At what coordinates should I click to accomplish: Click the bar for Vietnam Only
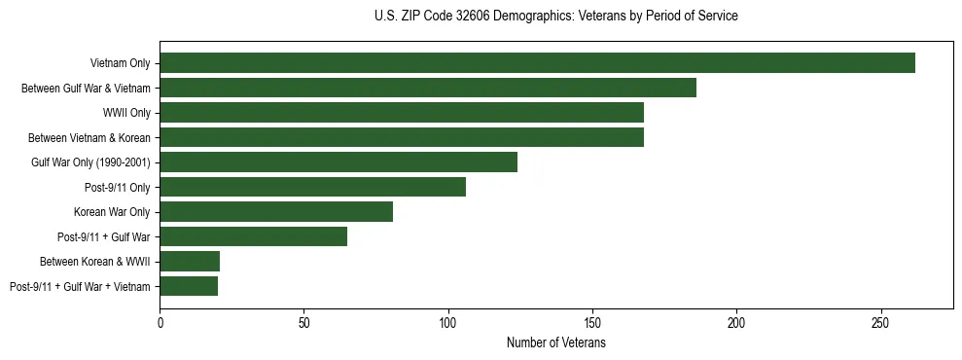click(x=537, y=63)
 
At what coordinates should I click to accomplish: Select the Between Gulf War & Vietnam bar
click(x=428, y=88)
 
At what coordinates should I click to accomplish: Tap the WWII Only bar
click(x=402, y=113)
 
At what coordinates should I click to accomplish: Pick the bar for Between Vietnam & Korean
click(x=402, y=137)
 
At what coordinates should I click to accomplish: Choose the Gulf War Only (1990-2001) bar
click(x=338, y=162)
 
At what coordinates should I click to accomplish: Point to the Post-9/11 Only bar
click(x=312, y=187)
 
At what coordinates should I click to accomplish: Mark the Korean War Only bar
click(x=276, y=211)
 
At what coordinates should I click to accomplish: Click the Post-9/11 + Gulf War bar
click(x=253, y=236)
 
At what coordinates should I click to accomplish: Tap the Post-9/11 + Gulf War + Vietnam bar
click(x=189, y=286)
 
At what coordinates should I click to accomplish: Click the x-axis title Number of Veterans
click(x=556, y=342)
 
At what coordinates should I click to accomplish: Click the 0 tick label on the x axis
click(x=160, y=321)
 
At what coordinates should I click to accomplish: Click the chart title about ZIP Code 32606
click(x=556, y=17)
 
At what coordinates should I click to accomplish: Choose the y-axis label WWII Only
click(x=126, y=113)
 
